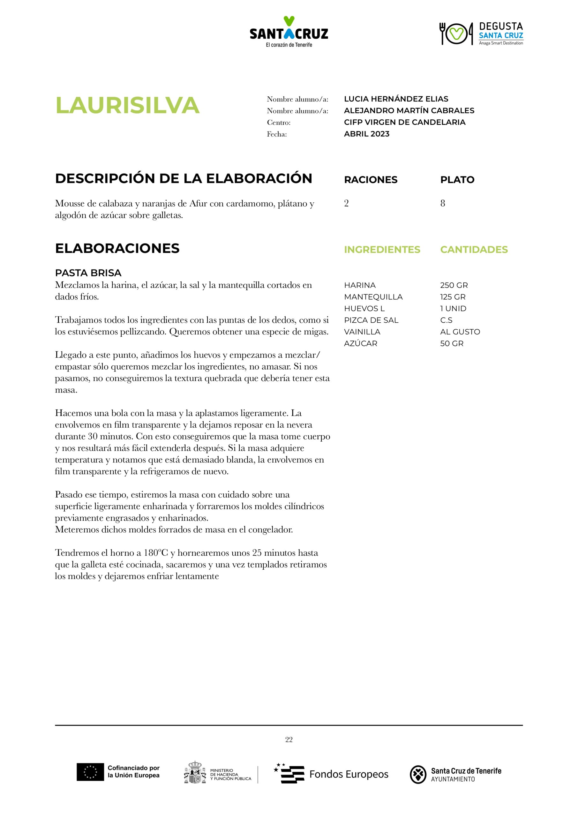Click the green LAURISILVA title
(127, 105)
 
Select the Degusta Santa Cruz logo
(481, 34)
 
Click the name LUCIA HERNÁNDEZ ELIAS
(396, 99)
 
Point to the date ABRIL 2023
(367, 134)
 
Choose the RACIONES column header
(371, 180)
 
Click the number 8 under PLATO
(442, 203)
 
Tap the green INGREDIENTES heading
(382, 250)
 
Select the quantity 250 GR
(454, 285)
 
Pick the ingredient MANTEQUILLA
(373, 297)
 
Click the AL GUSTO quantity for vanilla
(460, 332)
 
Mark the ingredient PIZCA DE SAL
(371, 320)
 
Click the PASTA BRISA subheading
(88, 273)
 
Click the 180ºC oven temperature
(155, 553)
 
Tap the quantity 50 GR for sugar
(452, 343)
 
